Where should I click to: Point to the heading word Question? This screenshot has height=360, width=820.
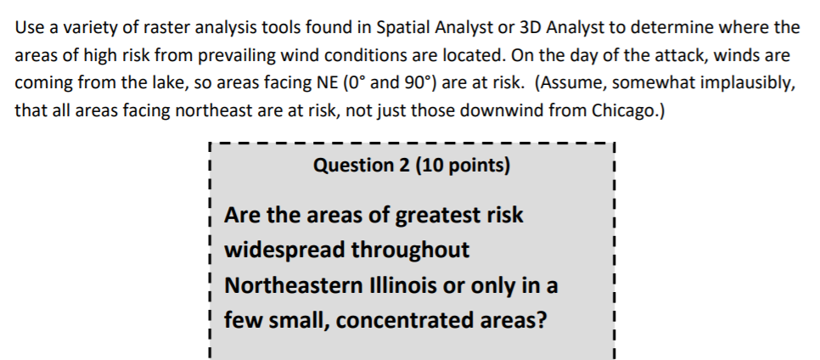(348, 165)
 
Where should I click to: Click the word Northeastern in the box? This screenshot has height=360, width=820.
(291, 286)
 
